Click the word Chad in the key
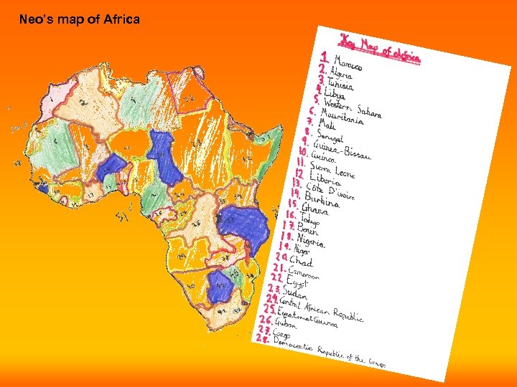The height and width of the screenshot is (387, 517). coord(301,262)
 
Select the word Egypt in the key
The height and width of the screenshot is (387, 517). coord(296,282)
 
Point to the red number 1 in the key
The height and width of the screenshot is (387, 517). coord(325,56)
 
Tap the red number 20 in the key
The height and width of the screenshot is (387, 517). coord(281,257)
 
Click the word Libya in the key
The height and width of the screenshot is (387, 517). coord(334,93)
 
